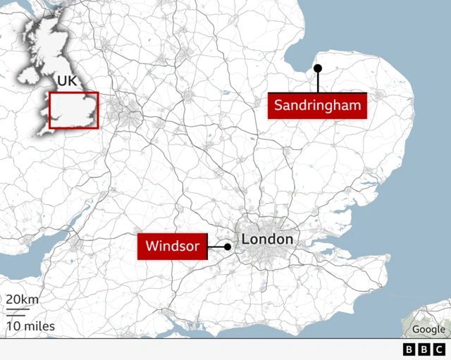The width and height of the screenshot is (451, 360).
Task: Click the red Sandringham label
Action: click(x=319, y=106)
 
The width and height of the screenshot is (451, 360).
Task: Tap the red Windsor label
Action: click(x=173, y=247)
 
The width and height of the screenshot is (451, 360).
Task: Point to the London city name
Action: click(x=267, y=240)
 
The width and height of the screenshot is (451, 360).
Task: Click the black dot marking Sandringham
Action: click(x=318, y=68)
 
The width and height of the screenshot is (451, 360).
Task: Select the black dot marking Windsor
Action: click(x=228, y=247)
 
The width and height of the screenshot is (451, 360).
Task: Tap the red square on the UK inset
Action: click(x=73, y=111)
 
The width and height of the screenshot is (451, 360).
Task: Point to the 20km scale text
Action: click(x=23, y=299)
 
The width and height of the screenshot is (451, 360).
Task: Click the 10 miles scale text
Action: click(x=30, y=326)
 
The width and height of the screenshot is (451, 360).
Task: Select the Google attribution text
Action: click(x=428, y=329)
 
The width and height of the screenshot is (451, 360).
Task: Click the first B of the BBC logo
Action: click(x=409, y=349)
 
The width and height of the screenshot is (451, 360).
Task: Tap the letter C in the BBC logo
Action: click(x=439, y=349)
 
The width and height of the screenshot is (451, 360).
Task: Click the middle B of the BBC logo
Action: click(x=424, y=349)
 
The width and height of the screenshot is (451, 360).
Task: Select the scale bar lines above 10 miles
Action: click(x=17, y=312)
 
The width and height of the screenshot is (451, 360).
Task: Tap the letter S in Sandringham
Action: click(x=278, y=106)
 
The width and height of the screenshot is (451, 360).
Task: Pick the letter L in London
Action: click(x=246, y=240)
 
